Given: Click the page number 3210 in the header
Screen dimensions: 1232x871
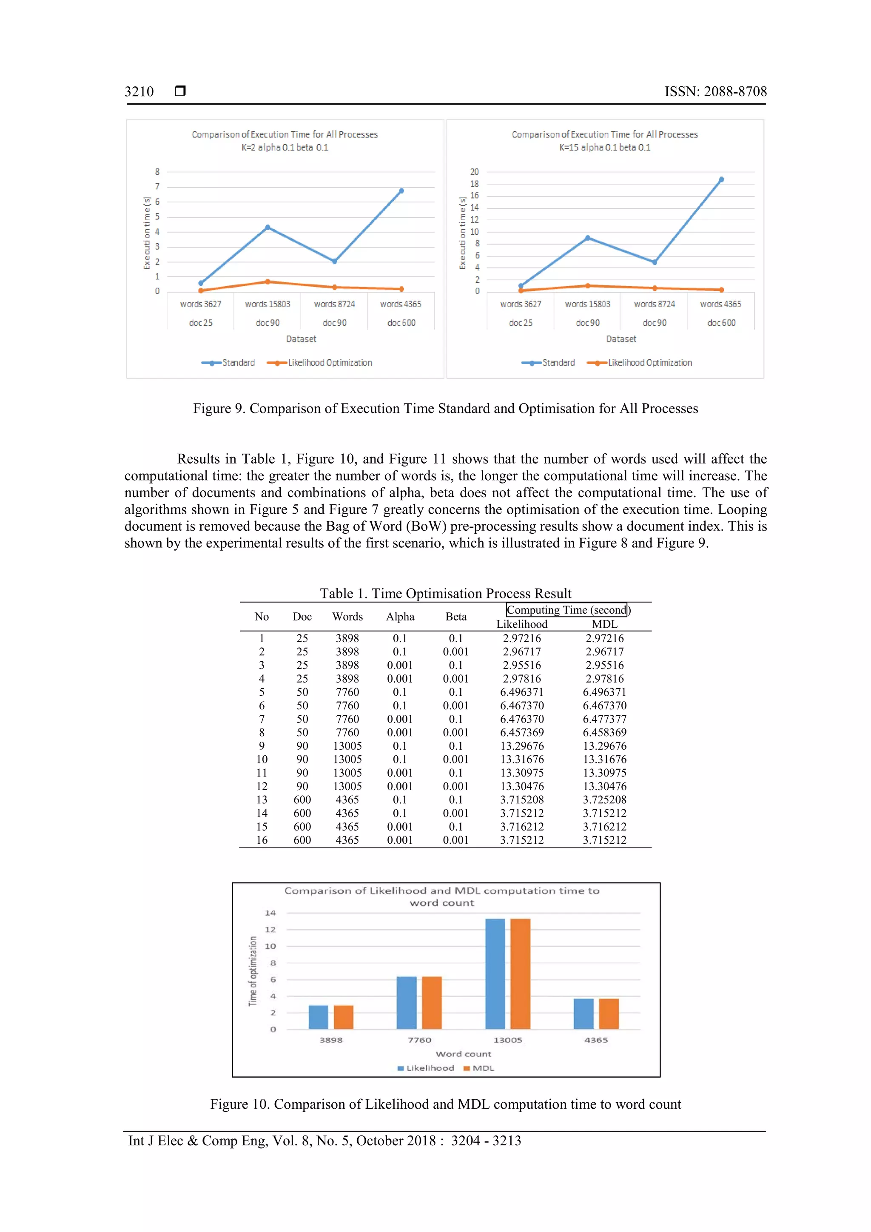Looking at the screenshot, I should [x=139, y=92].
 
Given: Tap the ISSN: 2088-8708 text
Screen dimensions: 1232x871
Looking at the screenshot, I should [x=715, y=92].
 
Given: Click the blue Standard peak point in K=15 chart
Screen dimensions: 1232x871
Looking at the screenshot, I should [x=721, y=180].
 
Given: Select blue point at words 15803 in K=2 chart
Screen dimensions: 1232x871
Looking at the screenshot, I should [x=268, y=228].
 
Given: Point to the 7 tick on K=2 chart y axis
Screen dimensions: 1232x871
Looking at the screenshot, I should [x=157, y=187].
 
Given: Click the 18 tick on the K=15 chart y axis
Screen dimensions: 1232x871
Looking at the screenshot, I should [x=474, y=184].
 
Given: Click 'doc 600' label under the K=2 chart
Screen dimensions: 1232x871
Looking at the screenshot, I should [x=401, y=322].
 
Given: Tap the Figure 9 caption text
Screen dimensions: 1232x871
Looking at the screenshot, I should [x=445, y=408].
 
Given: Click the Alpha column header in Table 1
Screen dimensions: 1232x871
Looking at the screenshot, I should [x=400, y=617].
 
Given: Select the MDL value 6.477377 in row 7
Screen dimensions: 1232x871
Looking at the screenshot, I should [x=604, y=719].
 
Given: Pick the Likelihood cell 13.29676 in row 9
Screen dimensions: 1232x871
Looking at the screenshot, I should [x=522, y=746].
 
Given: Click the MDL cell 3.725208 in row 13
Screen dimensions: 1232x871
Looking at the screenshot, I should [x=604, y=800].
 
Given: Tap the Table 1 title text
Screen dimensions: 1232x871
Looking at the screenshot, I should [x=445, y=594].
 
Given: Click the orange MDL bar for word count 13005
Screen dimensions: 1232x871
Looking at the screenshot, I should [x=520, y=973].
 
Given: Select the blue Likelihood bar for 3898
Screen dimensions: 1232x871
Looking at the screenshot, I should [x=318, y=1017].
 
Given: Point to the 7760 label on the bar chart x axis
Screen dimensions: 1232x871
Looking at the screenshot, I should [x=419, y=1040].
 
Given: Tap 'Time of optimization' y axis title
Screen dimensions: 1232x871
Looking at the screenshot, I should [x=253, y=971].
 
